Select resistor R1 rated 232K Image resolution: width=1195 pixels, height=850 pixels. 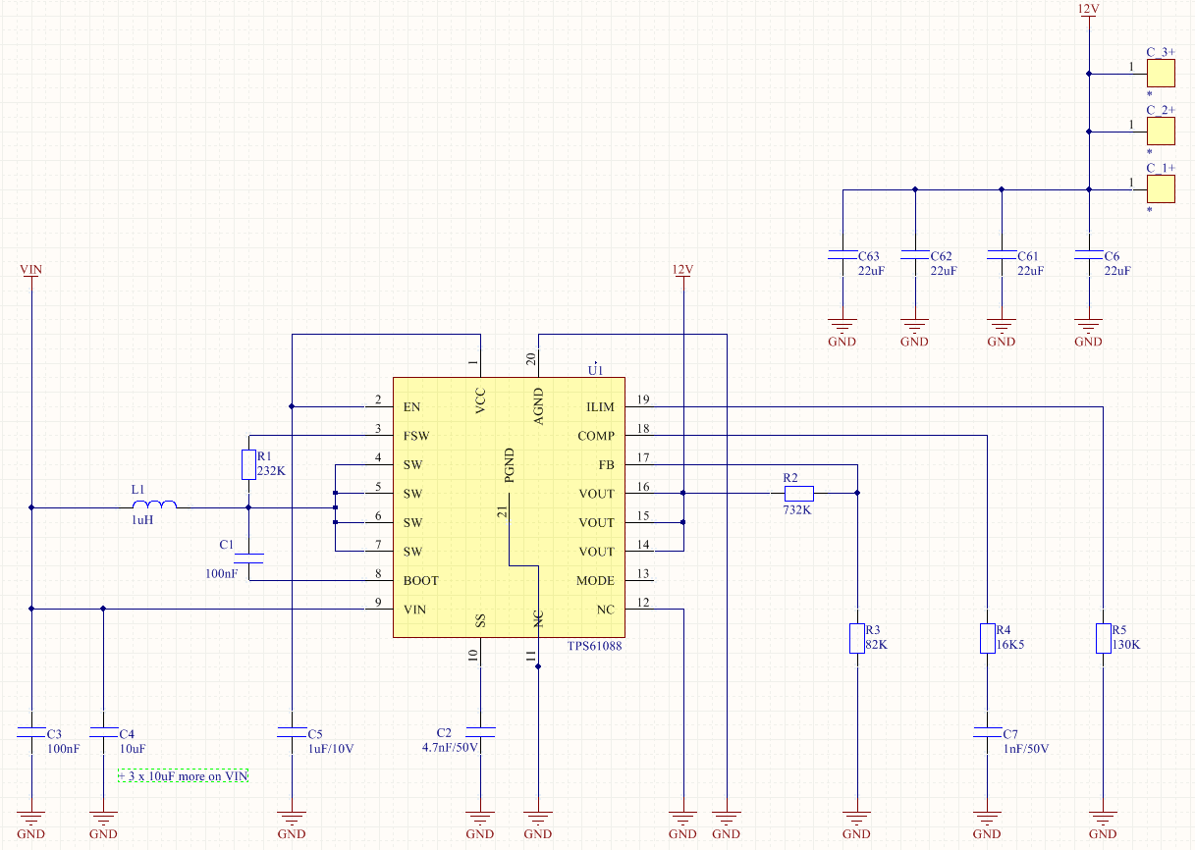point(248,464)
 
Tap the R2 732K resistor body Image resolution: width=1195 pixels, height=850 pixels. point(798,493)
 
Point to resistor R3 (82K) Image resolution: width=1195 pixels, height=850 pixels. point(857,638)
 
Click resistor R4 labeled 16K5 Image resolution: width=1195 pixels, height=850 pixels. point(987,638)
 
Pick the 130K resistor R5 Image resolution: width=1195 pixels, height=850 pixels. point(1103,638)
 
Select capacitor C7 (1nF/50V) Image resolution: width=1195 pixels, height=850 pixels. point(987,732)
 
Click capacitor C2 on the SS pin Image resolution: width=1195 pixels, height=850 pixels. point(480,732)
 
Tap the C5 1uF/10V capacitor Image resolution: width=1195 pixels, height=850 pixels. point(292,732)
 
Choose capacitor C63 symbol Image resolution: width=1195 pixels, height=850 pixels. point(842,255)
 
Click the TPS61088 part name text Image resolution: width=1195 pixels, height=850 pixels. point(594,646)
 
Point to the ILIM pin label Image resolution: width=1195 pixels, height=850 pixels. point(599,406)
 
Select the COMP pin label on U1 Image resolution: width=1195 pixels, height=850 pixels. point(595,436)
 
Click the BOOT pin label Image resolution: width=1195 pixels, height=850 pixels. point(421,580)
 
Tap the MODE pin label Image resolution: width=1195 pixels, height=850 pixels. point(595,580)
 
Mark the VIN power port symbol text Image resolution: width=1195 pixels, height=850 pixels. point(31,268)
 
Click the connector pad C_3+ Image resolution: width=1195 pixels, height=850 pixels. point(1161,73)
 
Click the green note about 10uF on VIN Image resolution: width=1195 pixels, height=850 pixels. point(183,776)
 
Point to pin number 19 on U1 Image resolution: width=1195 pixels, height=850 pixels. point(642,399)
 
